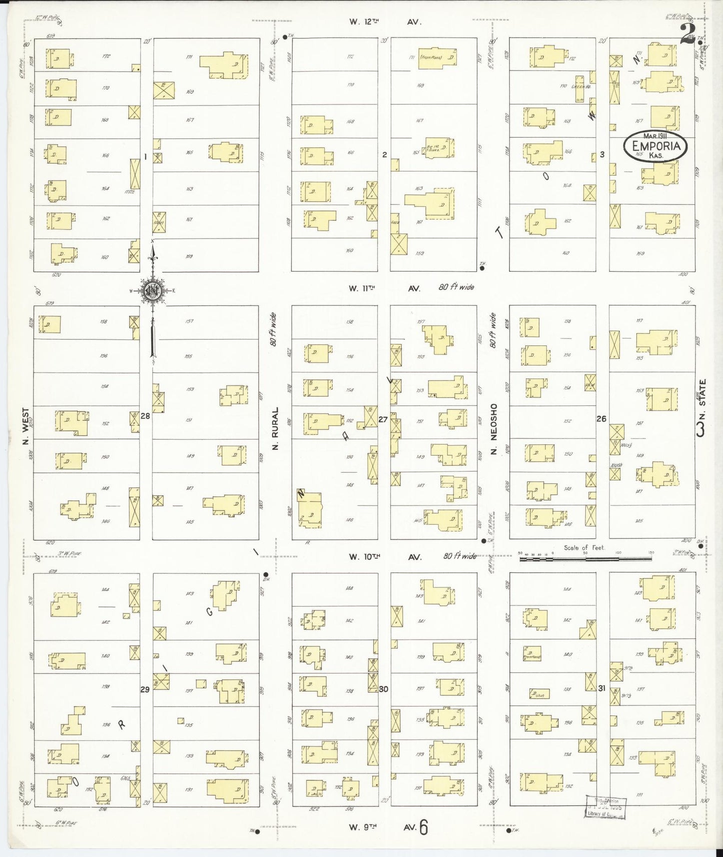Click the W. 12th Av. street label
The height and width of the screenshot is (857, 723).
(x=385, y=22)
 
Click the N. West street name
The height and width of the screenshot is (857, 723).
(x=26, y=426)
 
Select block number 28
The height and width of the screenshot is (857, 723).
(x=146, y=415)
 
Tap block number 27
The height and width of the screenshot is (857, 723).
(x=383, y=419)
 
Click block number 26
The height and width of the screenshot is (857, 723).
(x=601, y=418)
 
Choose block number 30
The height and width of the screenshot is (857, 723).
(x=384, y=688)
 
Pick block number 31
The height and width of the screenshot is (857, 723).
(x=601, y=688)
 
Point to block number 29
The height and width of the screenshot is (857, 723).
(x=145, y=689)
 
